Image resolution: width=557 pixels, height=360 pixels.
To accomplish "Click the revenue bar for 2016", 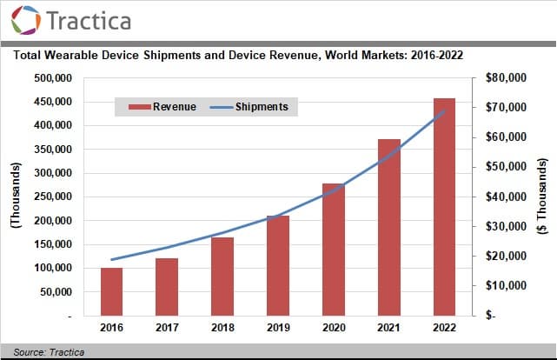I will [x=111, y=292].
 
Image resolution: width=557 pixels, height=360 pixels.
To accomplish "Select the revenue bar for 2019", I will [x=278, y=266].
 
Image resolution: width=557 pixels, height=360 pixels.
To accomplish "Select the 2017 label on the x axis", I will [x=167, y=329].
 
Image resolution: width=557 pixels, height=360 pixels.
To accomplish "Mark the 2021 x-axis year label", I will [x=388, y=329].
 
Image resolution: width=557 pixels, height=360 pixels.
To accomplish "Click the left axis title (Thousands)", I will [x=14, y=197].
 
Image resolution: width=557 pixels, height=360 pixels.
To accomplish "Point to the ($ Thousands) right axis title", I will [x=544, y=197].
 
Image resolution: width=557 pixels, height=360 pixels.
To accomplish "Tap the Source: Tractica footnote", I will [x=43, y=351].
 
